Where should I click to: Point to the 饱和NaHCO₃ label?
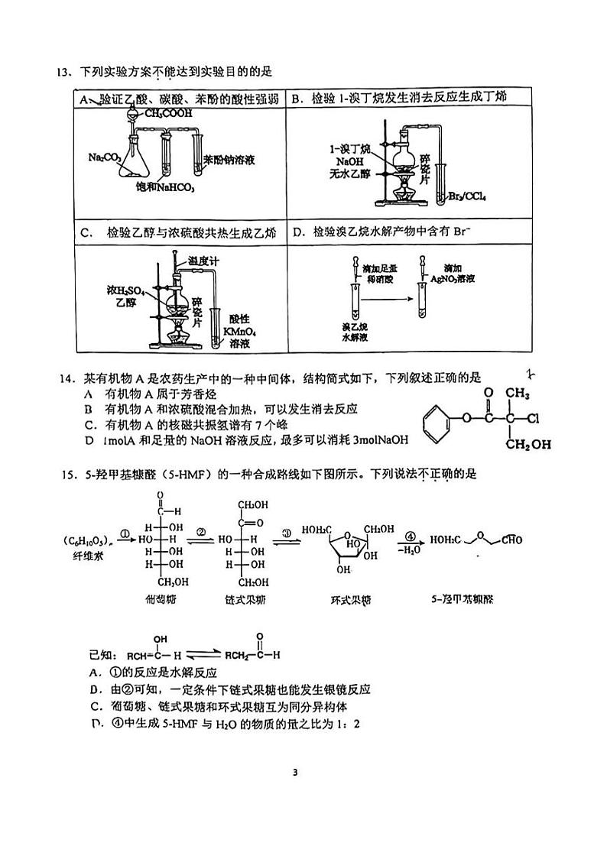click(165, 187)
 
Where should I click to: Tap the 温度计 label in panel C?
click(204, 261)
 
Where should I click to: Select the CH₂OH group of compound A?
click(525, 444)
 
